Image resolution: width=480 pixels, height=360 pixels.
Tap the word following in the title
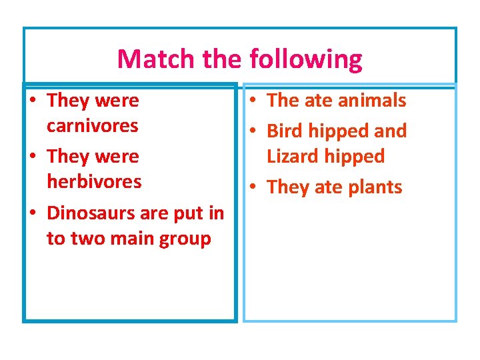(x=306, y=60)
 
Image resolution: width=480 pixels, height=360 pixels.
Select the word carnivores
(x=92, y=125)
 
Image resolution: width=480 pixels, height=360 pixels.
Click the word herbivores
(x=94, y=181)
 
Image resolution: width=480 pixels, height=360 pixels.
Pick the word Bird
(x=285, y=131)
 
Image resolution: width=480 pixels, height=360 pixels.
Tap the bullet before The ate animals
(x=253, y=101)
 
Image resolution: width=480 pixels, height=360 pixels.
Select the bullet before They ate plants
(x=253, y=188)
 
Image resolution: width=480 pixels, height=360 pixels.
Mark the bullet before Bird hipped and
(x=253, y=132)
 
